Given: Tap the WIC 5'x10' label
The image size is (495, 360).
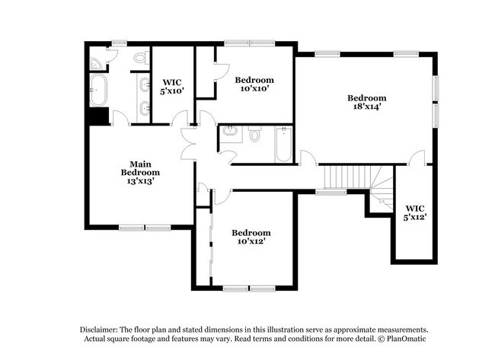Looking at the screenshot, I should [x=172, y=85].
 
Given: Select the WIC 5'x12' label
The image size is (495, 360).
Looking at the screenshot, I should [x=415, y=212].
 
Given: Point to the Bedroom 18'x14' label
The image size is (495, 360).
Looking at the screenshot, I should [x=366, y=102].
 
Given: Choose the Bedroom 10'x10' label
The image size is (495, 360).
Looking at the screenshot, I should [x=253, y=84].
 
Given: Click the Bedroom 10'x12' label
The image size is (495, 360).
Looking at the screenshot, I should [x=251, y=237].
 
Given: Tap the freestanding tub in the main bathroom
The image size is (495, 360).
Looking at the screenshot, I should [x=97, y=89].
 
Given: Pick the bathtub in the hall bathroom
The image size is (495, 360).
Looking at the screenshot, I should [x=283, y=145].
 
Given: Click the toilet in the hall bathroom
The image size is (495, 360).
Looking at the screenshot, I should [x=255, y=135].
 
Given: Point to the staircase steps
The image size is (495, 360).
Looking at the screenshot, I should [x=340, y=177].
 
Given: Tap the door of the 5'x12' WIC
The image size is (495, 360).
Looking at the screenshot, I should [x=416, y=158].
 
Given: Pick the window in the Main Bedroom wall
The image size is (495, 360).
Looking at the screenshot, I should [x=145, y=227].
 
